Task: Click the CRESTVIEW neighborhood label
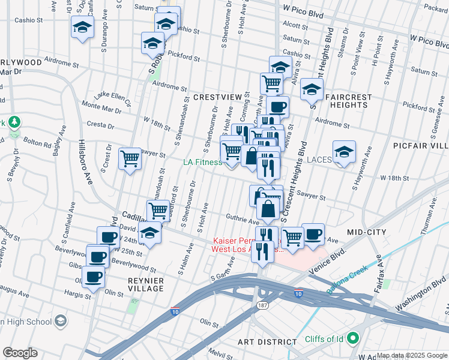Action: (x=217, y=97)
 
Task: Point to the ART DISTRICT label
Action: (x=267, y=342)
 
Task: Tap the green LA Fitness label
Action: (x=202, y=162)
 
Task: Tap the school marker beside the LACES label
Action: (x=344, y=152)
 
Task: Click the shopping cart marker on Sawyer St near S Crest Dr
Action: (x=130, y=159)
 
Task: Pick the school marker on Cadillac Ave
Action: (x=150, y=234)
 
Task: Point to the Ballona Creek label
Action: (x=347, y=280)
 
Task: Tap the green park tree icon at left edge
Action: (x=13, y=122)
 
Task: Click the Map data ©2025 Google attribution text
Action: (x=411, y=355)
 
